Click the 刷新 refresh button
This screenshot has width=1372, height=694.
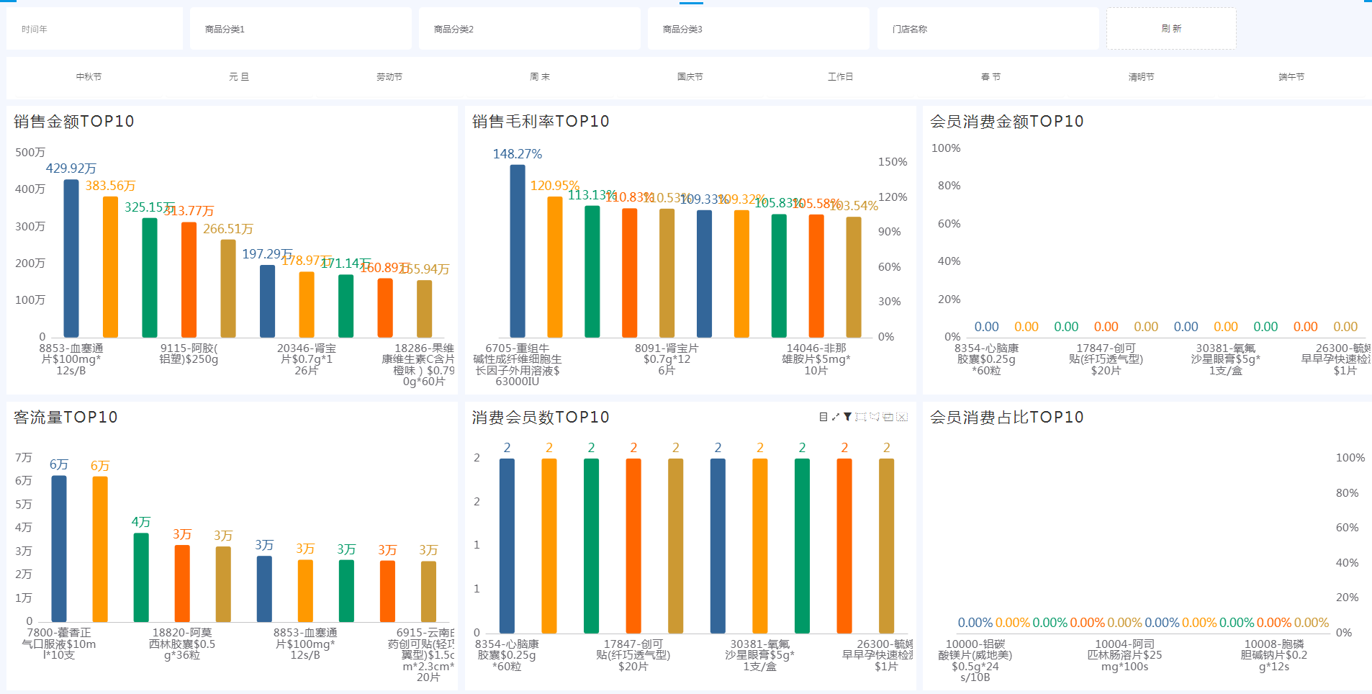[1171, 29]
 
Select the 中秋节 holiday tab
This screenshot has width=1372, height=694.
[89, 77]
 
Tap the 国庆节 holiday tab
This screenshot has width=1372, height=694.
[690, 77]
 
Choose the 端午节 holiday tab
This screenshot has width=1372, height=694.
[1291, 77]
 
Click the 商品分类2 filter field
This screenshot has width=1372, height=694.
[529, 29]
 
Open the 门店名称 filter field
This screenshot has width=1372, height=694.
[987, 29]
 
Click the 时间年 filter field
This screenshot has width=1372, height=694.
[94, 29]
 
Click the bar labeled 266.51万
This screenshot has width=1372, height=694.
[228, 288]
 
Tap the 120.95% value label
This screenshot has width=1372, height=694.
[554, 186]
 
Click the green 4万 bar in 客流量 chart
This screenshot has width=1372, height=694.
[141, 577]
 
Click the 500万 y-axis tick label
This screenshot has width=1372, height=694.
[30, 153]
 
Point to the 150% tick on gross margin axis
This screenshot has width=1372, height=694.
[893, 162]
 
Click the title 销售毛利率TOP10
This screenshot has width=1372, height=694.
[541, 122]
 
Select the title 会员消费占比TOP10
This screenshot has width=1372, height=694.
[1006, 418]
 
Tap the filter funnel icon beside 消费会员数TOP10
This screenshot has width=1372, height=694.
[848, 417]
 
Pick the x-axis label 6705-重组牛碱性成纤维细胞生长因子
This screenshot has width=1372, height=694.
[518, 364]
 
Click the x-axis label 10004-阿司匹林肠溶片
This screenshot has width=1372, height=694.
[1124, 655]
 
